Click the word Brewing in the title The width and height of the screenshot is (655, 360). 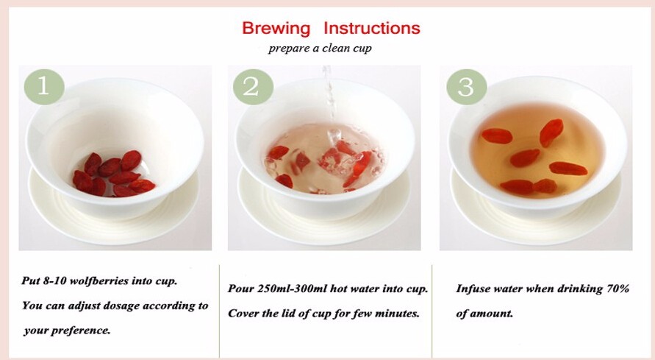tap(276, 29)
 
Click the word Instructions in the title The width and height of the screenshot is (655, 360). tap(372, 28)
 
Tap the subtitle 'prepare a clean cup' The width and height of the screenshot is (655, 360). tap(320, 48)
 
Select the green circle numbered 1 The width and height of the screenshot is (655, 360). tap(44, 87)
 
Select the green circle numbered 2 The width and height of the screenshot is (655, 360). tap(253, 87)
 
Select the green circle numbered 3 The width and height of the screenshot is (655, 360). tap(467, 87)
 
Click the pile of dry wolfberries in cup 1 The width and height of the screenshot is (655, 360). tap(114, 174)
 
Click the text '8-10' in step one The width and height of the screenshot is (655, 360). tap(54, 280)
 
